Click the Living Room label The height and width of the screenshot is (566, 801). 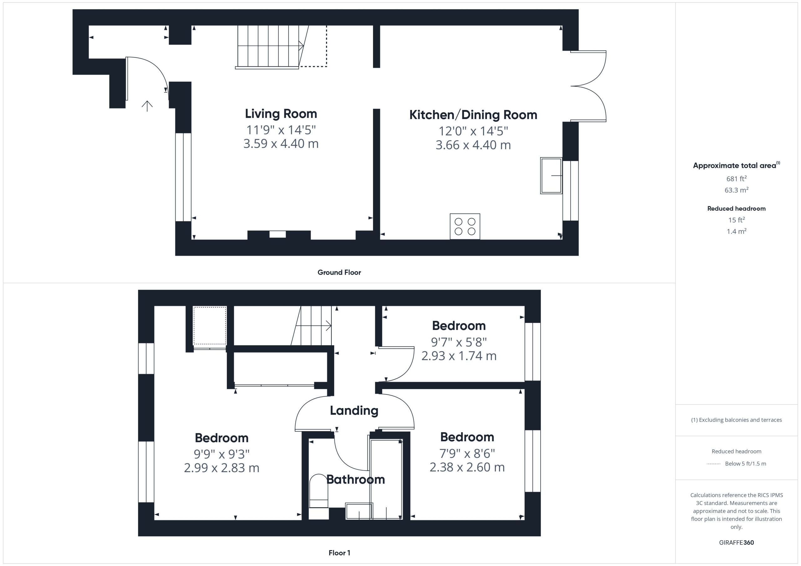tap(281, 114)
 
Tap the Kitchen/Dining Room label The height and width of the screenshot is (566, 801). tap(473, 115)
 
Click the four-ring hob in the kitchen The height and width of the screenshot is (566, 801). tap(465, 227)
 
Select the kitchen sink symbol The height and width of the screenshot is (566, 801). tap(551, 176)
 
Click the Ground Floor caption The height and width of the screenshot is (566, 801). tap(339, 273)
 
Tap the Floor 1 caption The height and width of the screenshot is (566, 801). tap(339, 553)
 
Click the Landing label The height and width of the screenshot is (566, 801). tap(354, 411)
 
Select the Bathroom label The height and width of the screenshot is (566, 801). tap(355, 479)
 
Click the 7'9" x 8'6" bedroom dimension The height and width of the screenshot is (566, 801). tap(467, 453)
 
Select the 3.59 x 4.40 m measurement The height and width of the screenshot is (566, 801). tap(281, 143)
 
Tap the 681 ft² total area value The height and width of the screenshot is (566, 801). tap(737, 178)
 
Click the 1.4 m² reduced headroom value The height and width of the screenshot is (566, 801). tap(737, 231)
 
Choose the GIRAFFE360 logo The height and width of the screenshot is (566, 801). tap(737, 543)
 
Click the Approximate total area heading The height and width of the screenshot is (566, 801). tap(737, 165)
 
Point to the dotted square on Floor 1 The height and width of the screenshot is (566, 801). tap(210, 326)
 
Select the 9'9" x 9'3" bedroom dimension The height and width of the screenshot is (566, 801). tap(222, 454)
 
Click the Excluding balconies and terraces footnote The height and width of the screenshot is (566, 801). tap(737, 420)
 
